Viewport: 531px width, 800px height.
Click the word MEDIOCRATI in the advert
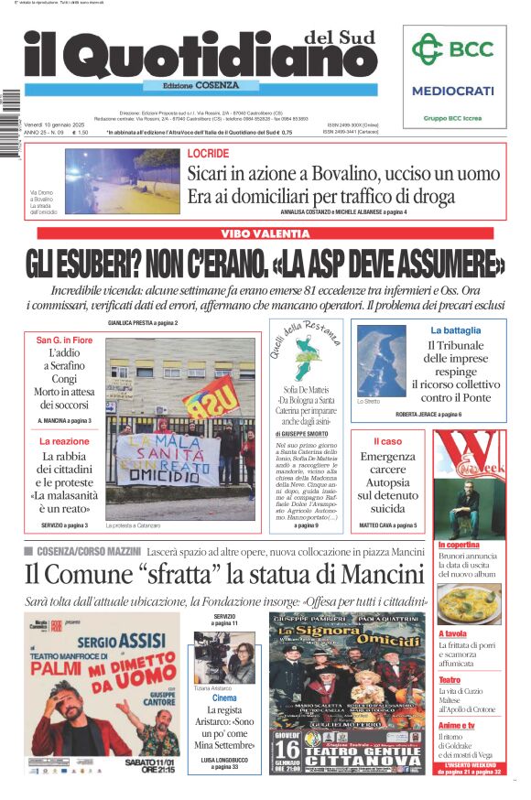[x=452, y=91]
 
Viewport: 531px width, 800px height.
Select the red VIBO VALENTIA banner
[x=265, y=234]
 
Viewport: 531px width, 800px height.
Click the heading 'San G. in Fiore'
[x=64, y=341]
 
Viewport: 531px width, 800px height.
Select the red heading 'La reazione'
[x=64, y=441]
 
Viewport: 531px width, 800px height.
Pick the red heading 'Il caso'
[x=387, y=441]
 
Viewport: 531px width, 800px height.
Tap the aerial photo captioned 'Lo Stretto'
[x=381, y=361]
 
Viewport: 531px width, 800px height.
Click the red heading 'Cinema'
[x=224, y=698]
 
